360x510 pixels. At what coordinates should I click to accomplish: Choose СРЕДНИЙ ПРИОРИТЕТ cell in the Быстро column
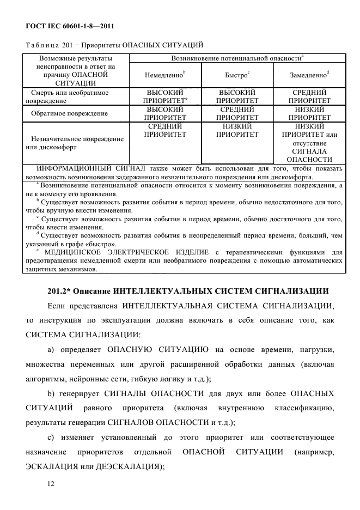tap(236, 113)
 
